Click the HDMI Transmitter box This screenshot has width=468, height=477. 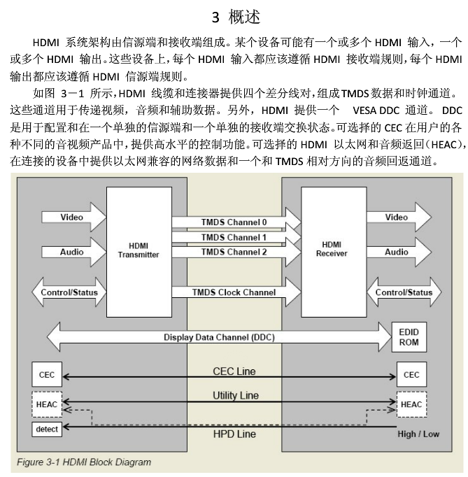(139, 250)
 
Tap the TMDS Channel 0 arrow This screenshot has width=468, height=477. (235, 223)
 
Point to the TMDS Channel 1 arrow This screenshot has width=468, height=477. (235, 238)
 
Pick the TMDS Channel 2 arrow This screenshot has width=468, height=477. (235, 252)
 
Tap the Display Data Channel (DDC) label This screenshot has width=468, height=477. (219, 337)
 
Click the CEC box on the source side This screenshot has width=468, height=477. (47, 375)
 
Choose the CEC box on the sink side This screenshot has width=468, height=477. (411, 375)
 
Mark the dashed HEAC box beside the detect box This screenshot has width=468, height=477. (47, 404)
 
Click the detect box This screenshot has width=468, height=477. (47, 429)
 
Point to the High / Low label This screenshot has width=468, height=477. (418, 434)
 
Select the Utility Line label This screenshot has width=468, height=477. (235, 395)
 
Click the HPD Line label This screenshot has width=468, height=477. (234, 434)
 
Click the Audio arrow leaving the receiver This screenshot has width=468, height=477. (399, 252)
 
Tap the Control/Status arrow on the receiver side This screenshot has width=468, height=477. (404, 292)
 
